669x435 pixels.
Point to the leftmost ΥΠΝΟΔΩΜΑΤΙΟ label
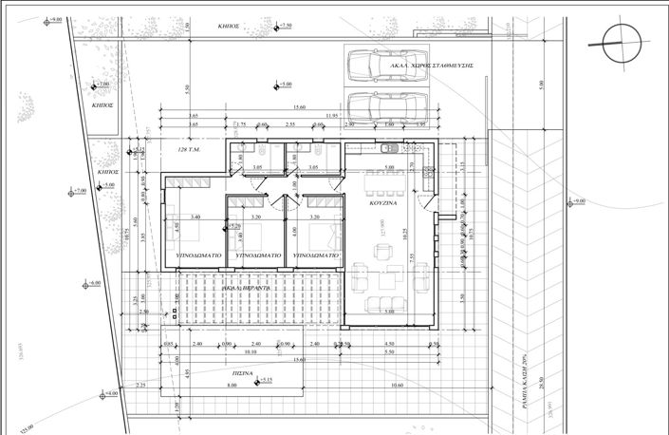coord(199,255)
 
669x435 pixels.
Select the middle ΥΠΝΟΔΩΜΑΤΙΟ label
coord(256,255)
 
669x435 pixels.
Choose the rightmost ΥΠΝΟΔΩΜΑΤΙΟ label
coord(318,255)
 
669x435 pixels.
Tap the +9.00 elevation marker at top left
coord(51,19)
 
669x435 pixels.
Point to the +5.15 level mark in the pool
coord(267,380)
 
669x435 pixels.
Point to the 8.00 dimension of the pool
coord(231,386)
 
